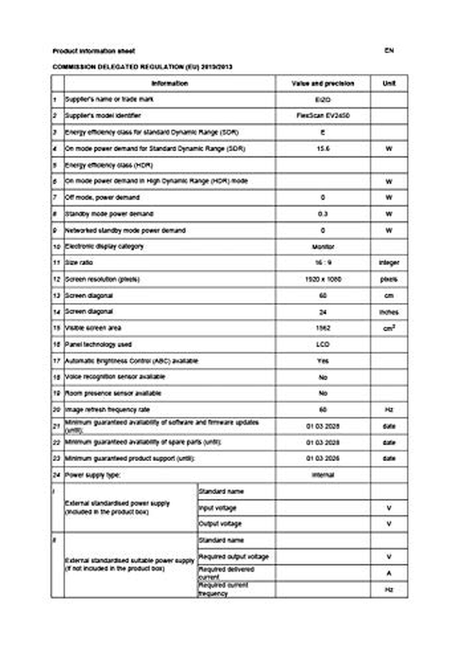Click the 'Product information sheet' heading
pos(94,51)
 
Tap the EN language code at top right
pos(389,50)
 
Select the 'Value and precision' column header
pos(323,83)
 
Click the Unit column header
pos(389,83)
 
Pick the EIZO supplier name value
pos(323,100)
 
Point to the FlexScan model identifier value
pos(323,116)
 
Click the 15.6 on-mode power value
pos(323,148)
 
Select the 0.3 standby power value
pos(323,214)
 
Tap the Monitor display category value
pos(323,247)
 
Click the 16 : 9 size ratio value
pos(323,263)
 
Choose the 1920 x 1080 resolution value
pos(323,279)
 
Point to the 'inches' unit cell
pos(389,312)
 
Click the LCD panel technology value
pos(323,344)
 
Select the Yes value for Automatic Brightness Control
pos(323,361)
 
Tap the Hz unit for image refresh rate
pos(389,410)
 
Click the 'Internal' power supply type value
pos(323,475)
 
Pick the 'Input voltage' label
pos(218,508)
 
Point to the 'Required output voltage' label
pos(234,557)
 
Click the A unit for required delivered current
pos(389,573)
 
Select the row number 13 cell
pos(57,296)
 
